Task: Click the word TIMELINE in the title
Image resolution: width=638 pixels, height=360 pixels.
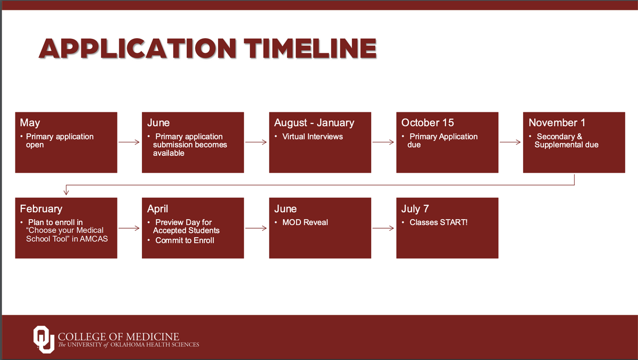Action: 310,48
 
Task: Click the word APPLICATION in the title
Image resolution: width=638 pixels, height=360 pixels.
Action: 138,48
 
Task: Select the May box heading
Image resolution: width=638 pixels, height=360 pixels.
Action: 30,123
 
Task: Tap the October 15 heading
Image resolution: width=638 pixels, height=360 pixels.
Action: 427,123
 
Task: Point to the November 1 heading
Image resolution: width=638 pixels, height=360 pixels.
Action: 557,123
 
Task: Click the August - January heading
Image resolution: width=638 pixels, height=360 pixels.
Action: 314,123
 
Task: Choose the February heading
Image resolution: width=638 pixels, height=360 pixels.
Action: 41,209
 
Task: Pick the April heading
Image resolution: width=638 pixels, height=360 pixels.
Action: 157,209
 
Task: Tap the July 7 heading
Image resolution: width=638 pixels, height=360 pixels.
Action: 415,209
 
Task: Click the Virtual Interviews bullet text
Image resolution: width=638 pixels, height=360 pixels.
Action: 313,137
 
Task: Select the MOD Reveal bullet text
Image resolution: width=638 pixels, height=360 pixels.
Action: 305,222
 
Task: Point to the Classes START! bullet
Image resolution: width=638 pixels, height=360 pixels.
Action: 438,222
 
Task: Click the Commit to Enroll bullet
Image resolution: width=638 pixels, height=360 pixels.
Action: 184,240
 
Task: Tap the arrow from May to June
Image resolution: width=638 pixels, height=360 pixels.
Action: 129,142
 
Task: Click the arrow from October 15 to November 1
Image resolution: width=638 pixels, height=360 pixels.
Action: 510,142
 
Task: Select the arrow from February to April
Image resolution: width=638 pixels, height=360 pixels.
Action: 129,228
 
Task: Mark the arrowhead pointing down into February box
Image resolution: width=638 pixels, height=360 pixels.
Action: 66,192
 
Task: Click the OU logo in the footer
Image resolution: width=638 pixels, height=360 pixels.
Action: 44,339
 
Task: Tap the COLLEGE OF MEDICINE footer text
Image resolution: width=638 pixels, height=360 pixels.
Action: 119,337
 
